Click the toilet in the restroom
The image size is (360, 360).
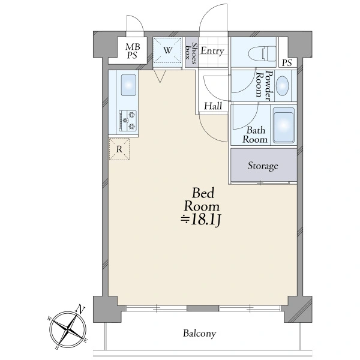(262, 54)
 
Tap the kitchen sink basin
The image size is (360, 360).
(128, 85)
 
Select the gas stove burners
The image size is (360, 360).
(128, 121)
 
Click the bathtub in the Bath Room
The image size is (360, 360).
(284, 125)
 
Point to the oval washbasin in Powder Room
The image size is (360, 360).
(282, 85)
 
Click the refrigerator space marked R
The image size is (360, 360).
(119, 149)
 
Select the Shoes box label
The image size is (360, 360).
(191, 53)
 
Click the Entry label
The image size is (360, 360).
(212, 51)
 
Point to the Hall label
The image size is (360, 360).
(213, 106)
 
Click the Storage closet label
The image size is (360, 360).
(263, 166)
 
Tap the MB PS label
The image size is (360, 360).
(133, 51)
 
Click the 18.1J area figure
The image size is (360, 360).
(201, 221)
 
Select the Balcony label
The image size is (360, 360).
(199, 334)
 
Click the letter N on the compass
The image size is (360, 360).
(80, 309)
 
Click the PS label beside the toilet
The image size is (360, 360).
(287, 62)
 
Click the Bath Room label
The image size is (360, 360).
(256, 135)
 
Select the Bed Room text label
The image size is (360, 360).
(202, 199)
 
